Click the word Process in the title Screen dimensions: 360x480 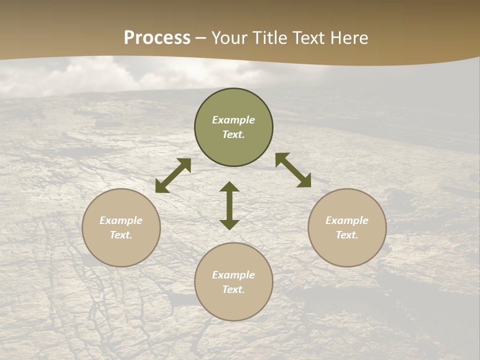point(157,38)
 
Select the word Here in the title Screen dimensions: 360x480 point(349,38)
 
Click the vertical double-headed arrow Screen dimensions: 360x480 point(229,205)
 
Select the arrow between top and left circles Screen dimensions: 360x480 point(173,175)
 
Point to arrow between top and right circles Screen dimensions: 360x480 point(293,170)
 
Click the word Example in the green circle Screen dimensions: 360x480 point(233,120)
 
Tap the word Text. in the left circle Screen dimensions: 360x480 point(121,235)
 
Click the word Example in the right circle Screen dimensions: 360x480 point(347,220)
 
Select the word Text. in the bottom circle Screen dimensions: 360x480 point(233,289)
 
